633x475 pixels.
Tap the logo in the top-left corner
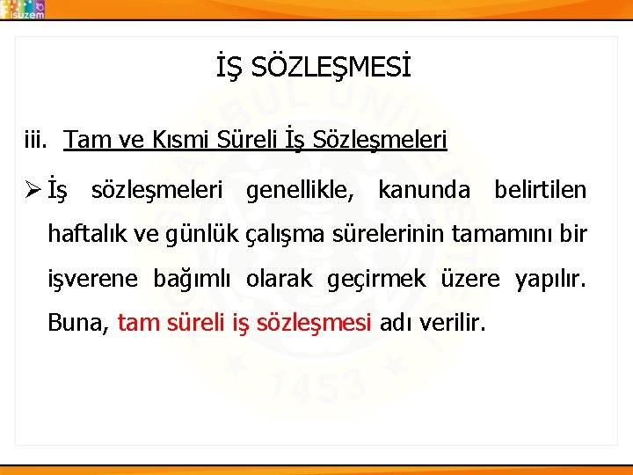point(24,9)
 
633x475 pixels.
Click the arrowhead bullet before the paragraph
point(33,190)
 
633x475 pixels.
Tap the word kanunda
point(424,190)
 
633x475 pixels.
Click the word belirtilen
point(540,190)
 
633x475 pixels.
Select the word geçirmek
point(376,279)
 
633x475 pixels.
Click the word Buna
point(77,323)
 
